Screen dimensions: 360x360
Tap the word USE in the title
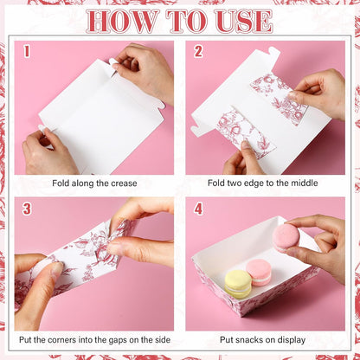pos(244,21)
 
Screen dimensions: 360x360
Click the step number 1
pos(27,51)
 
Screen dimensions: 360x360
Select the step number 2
pos(198,51)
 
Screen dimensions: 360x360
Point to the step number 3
pos(27,209)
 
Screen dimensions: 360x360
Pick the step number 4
pos(198,209)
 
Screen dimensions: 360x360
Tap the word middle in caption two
pos(304,183)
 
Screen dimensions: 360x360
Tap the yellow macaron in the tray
pos(238,284)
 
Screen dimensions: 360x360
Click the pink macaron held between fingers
pos(286,238)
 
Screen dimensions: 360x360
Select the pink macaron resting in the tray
pos(259,273)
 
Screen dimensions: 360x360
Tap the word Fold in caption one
pos(61,183)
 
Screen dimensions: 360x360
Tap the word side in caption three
pos(162,340)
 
